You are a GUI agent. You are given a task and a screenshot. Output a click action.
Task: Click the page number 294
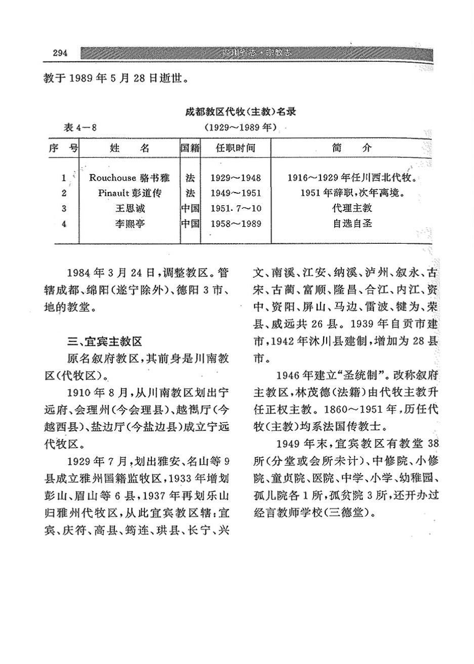60,53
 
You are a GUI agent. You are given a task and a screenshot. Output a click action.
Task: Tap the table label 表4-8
80,127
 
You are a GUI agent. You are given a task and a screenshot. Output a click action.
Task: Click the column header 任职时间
235,148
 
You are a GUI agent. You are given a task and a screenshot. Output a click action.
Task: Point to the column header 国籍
191,148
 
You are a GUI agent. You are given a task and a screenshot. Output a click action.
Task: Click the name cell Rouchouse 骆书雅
130,178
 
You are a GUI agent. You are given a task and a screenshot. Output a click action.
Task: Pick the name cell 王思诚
130,208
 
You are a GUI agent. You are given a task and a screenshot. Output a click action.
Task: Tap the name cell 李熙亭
130,223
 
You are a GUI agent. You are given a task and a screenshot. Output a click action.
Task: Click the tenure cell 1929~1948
235,178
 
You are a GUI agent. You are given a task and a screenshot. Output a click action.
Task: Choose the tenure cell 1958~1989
235,223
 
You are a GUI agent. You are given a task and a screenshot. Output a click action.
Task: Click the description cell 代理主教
352,208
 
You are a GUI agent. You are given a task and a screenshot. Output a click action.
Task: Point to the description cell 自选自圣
352,223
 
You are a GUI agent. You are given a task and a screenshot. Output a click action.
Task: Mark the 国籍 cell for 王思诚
191,208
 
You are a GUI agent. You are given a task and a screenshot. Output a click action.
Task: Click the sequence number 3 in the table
64,208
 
